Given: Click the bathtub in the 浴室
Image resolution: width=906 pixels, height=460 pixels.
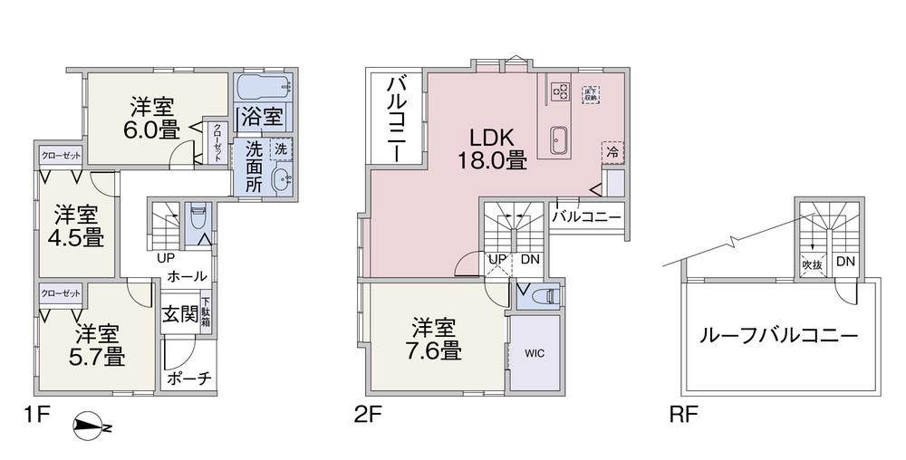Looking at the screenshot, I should tap(263, 88).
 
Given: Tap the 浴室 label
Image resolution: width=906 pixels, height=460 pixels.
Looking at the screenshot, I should tap(263, 117).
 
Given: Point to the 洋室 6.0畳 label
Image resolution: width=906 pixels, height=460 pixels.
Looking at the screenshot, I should tap(151, 116).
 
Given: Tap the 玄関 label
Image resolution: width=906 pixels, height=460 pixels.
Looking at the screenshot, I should tap(180, 315).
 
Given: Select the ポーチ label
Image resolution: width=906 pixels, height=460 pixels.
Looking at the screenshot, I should tap(189, 379).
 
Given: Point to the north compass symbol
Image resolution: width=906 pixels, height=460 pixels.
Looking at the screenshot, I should tap(93, 426).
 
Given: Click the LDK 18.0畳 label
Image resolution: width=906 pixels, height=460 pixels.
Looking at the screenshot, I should tap(492, 149).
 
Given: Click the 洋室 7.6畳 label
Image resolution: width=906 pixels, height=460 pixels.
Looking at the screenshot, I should tap(437, 338).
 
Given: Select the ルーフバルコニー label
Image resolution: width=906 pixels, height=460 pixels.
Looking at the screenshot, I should tap(777, 334).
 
